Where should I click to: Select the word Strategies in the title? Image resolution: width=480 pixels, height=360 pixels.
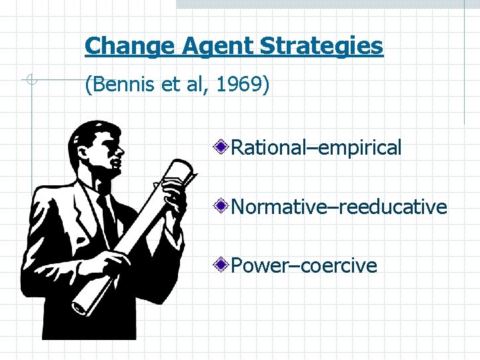321,46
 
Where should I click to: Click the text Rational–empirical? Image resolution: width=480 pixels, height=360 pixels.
316,147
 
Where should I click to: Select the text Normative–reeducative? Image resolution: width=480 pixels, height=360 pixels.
339,207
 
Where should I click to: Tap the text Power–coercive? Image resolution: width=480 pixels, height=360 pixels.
304,266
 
